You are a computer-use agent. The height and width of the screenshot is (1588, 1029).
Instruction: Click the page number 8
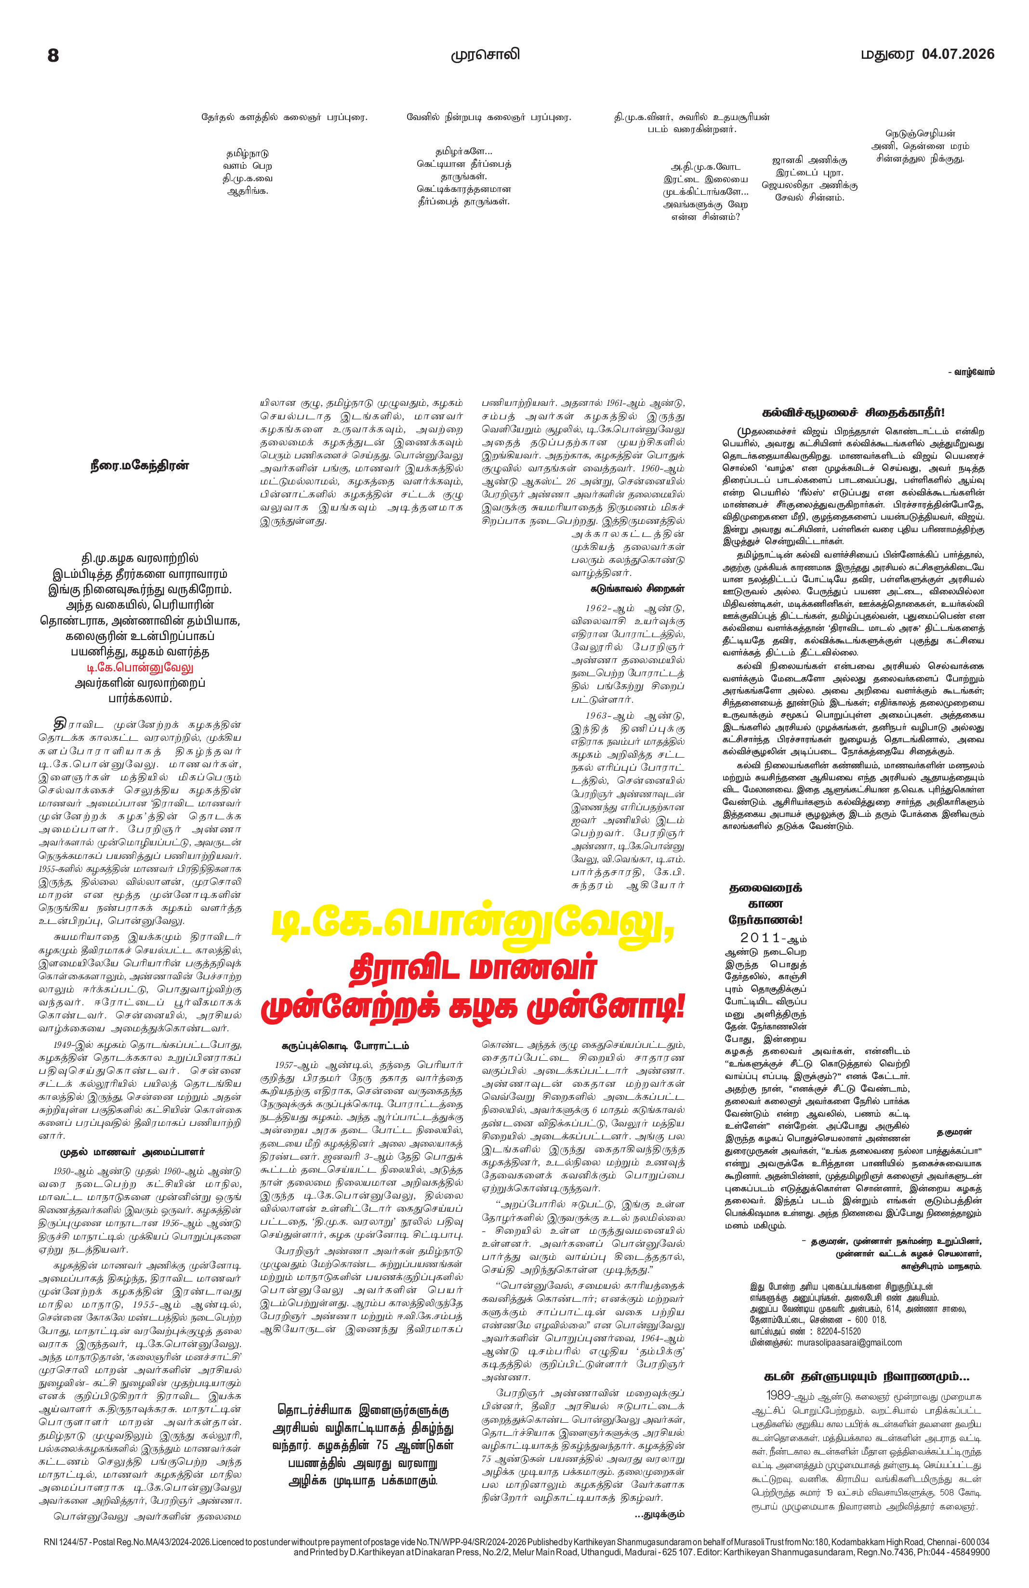coord(53,55)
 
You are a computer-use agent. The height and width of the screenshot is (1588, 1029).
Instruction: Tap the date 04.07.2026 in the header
coord(958,54)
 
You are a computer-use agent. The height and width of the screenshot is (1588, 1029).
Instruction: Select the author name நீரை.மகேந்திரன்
coord(140,466)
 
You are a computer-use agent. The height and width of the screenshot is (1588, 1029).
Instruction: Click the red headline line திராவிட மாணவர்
coord(472,969)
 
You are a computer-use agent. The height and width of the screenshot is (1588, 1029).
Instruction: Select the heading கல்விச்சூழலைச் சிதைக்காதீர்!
coord(853,413)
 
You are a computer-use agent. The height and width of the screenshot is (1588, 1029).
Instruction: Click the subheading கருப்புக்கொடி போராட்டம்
coord(345,1045)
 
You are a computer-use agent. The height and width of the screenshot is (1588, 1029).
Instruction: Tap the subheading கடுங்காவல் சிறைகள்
coord(628,589)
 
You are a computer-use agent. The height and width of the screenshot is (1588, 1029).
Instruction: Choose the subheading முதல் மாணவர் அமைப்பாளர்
coord(132,1152)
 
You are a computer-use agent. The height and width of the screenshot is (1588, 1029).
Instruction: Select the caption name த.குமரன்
coord(954,1132)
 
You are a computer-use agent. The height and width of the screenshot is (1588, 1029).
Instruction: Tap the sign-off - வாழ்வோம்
coord(971,372)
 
